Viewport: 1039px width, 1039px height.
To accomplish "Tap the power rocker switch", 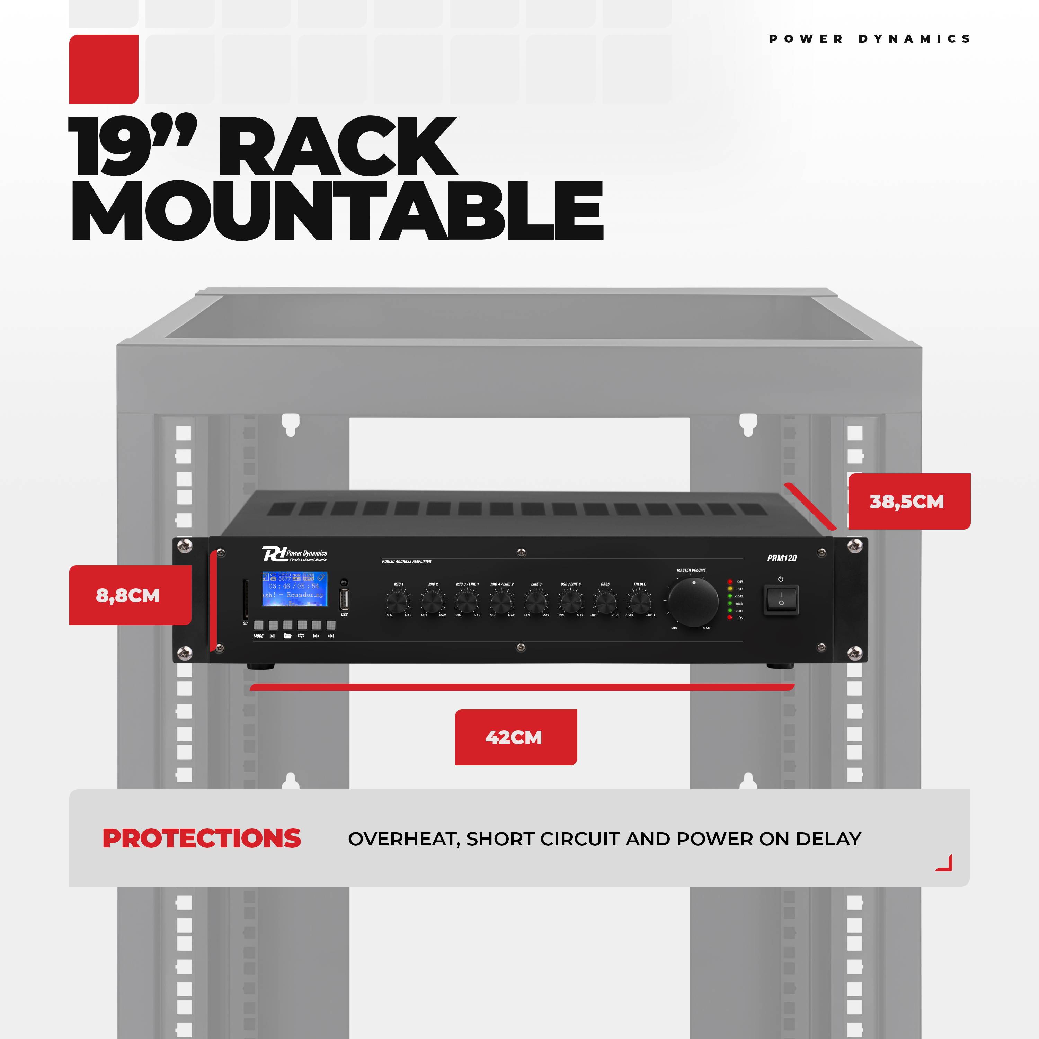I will (x=781, y=599).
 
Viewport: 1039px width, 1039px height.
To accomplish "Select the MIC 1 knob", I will (x=398, y=601).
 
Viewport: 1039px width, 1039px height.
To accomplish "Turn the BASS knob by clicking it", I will (x=605, y=601).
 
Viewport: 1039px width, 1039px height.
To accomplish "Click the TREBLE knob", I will (x=639, y=601).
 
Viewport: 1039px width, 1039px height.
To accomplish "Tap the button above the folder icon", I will (x=288, y=625).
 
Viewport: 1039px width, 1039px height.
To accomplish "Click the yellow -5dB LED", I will (x=730, y=589).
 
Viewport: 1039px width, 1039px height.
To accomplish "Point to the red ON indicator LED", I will (x=730, y=618).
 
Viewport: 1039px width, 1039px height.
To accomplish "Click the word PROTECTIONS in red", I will (x=202, y=839).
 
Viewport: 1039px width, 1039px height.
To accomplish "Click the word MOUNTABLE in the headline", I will (x=337, y=211).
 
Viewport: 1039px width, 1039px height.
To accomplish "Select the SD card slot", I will (x=246, y=598).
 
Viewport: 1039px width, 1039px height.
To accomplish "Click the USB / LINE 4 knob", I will (x=571, y=601).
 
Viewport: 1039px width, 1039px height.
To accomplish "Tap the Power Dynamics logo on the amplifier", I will (x=295, y=554).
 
